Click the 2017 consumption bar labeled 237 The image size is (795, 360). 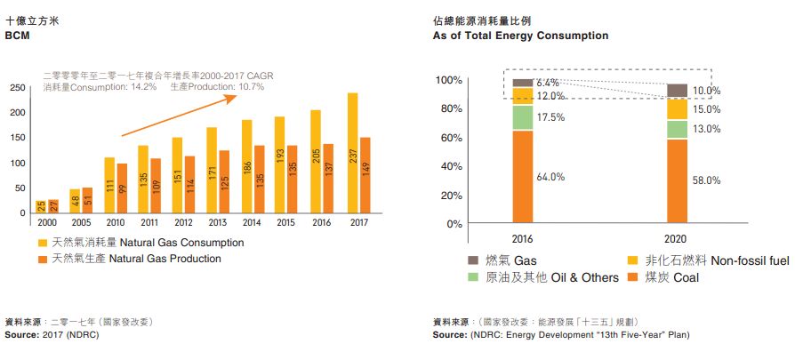point(353,153)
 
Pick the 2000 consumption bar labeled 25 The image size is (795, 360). point(40,206)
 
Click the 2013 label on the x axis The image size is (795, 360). point(218,222)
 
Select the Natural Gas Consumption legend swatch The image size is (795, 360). point(43,243)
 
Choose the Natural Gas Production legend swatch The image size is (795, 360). point(43,259)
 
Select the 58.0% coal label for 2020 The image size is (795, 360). point(706,180)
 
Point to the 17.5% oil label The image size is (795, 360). point(551,117)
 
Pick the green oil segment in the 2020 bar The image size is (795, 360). point(677,129)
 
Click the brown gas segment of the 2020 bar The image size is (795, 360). point(677,90)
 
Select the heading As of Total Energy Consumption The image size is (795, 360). point(520,36)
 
